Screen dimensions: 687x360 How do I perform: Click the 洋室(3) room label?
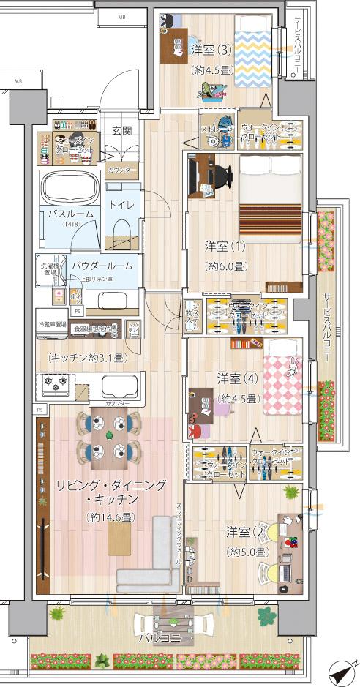pos(211,50)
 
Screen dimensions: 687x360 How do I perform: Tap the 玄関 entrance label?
pos(121,131)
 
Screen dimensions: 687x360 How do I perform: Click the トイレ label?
pos(121,206)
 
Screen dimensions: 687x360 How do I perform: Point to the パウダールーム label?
pos(102,267)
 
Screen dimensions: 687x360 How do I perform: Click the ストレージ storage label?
pos(217,129)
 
